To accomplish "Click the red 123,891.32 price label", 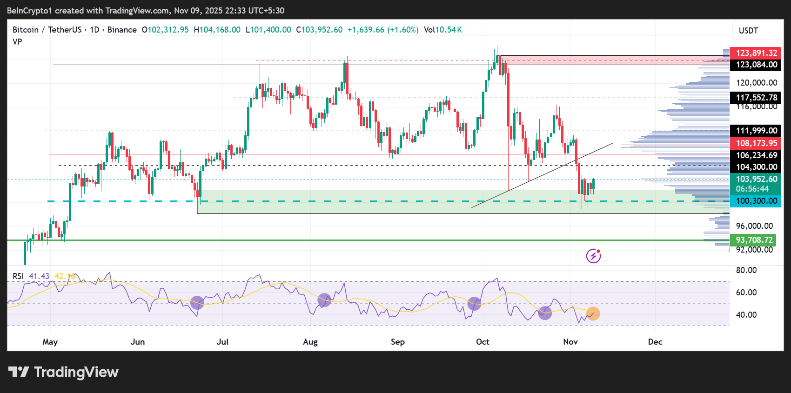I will coord(756,53).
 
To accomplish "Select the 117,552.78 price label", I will coord(756,98).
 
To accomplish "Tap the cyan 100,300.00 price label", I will coord(756,201).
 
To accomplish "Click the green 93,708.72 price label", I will coord(754,240).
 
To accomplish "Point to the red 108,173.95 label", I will coord(756,143).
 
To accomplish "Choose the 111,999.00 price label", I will coord(756,131).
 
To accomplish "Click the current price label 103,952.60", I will coord(756,179).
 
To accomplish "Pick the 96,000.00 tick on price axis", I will coord(754,226).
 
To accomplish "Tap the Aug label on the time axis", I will coord(310,342).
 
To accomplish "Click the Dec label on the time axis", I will coord(655,342).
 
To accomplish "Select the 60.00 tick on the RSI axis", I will coord(746,293).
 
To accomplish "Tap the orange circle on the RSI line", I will coord(593,313).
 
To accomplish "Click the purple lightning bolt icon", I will coord(593,256).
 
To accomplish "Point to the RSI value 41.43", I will coord(39,276).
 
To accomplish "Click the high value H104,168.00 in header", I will coord(217,30).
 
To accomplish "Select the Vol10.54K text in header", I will coord(442,30).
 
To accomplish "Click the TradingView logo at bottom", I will coord(64,372).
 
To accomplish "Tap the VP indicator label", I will coord(17,42).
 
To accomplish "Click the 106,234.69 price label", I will coord(756,155).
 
